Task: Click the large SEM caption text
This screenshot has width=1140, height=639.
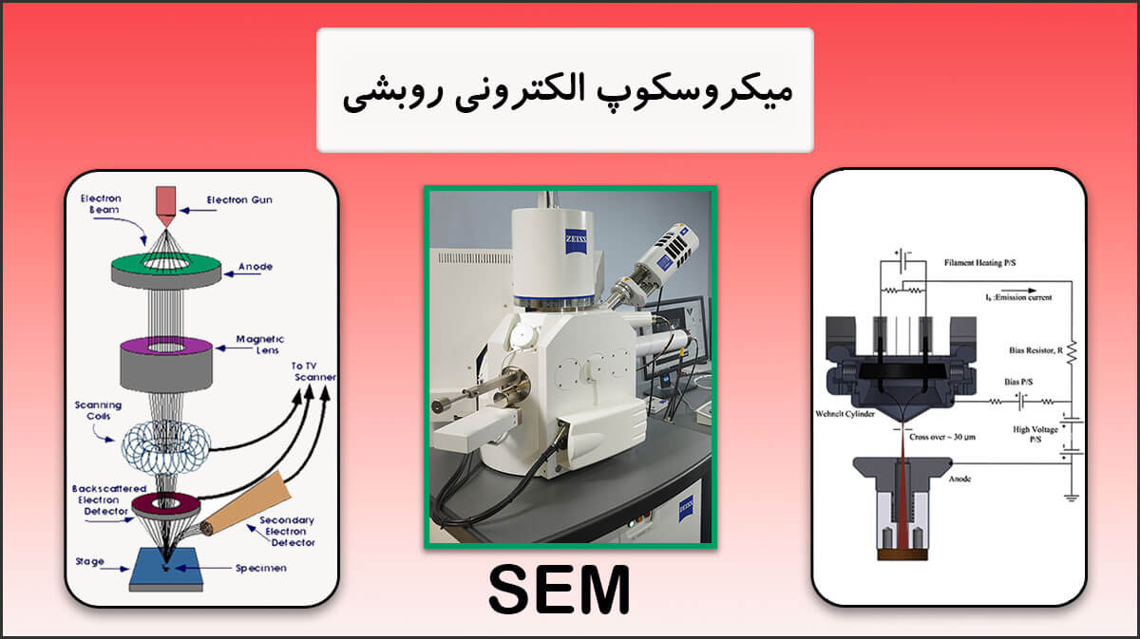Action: [x=559, y=591]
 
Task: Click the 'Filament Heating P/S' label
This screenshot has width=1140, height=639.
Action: [x=984, y=261]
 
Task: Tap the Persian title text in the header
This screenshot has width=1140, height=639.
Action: [x=565, y=91]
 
